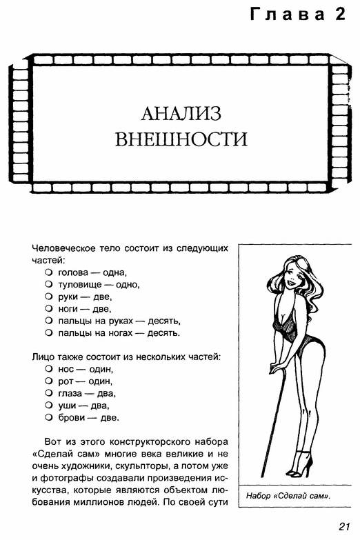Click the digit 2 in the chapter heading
[x=339, y=14]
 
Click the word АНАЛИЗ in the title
[x=181, y=114]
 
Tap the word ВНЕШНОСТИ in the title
[x=181, y=139]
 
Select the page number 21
[x=344, y=526]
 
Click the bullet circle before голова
[x=48, y=272]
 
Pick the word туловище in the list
[x=80, y=285]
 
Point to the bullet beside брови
[x=48, y=418]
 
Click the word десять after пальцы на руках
[x=164, y=321]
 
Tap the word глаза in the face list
[x=70, y=394]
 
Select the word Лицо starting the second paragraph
[x=43, y=357]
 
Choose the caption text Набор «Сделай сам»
[x=288, y=497]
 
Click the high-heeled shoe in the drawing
[x=301, y=464]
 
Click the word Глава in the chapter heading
[x=287, y=14]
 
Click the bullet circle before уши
[x=48, y=406]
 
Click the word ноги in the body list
[x=68, y=309]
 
